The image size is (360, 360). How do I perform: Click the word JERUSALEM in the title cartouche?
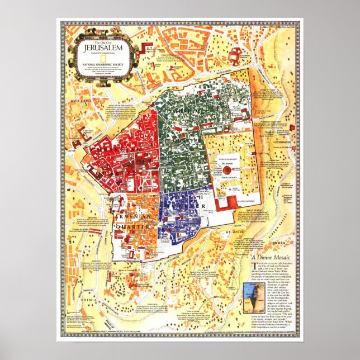point(101,48)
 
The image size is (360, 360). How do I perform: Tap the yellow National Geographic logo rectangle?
point(101,57)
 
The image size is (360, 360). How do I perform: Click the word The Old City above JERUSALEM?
point(101,42)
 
